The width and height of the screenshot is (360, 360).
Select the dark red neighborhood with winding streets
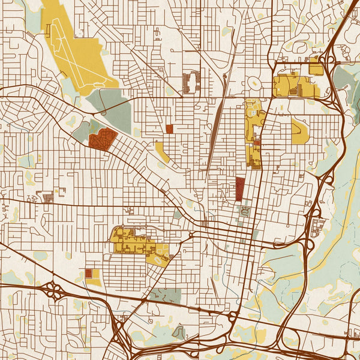point(102,139)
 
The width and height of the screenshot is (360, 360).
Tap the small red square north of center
point(169,128)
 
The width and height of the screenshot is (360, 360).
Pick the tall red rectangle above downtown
point(240,188)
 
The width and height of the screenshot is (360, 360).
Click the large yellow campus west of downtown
point(132,240)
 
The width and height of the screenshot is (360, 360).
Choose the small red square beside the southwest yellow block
point(89,274)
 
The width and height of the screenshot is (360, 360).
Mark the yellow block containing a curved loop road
point(157,256)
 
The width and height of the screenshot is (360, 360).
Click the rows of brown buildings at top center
point(191,82)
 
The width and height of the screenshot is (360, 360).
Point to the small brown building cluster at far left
point(47,197)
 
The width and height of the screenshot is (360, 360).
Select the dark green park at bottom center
point(165,295)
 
